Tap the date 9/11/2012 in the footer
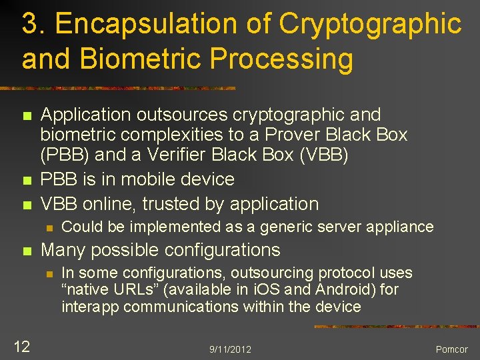[230, 349]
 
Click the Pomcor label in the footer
[451, 349]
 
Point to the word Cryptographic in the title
[370, 24]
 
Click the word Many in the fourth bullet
[63, 250]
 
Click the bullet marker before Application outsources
[26, 116]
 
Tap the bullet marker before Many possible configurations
[26, 251]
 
